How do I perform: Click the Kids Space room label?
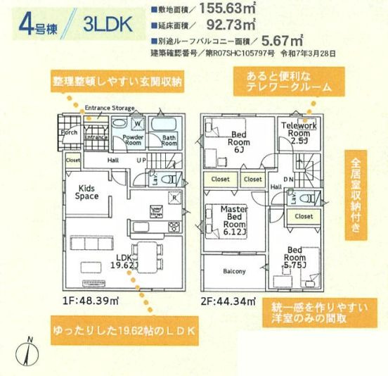[87, 192]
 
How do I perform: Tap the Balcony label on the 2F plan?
[235, 271]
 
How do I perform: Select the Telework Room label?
[299, 131]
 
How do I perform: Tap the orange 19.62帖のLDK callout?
[122, 330]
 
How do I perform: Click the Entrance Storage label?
[109, 108]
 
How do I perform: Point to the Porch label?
[69, 132]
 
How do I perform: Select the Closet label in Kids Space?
[73, 161]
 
